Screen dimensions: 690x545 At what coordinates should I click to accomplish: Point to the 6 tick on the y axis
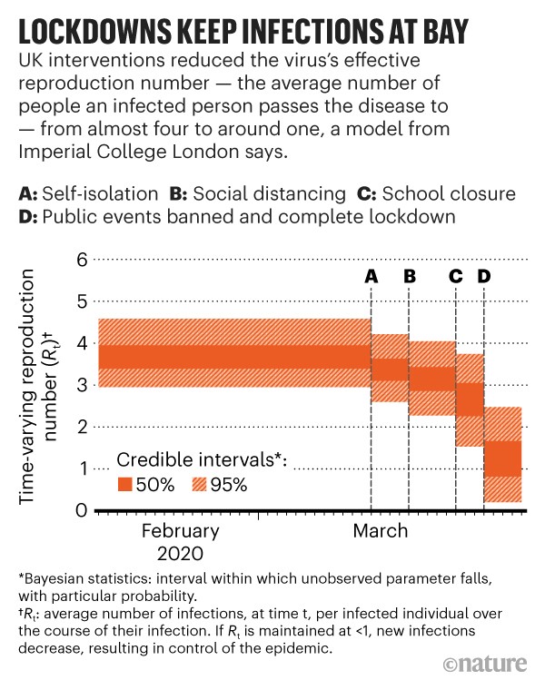(81, 260)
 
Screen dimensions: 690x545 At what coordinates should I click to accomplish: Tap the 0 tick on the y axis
(81, 510)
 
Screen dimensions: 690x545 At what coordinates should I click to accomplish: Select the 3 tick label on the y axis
(81, 385)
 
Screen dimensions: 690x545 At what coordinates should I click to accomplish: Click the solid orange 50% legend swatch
(124, 484)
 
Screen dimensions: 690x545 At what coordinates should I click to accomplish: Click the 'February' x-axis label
(180, 531)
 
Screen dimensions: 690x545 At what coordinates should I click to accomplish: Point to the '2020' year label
(180, 553)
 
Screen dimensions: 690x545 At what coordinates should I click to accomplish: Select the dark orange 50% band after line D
(502, 458)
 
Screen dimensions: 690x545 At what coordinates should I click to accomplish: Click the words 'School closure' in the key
(449, 194)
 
